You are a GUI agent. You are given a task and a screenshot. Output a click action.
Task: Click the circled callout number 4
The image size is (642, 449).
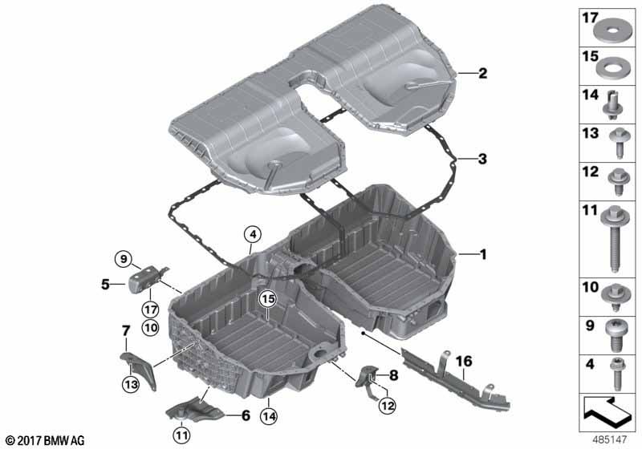tap(253, 235)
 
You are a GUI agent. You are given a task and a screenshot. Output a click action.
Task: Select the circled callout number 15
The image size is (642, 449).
tap(268, 299)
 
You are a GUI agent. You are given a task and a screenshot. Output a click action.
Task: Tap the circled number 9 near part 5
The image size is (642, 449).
tap(124, 258)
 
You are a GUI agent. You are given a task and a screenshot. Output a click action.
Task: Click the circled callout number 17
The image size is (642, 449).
tap(150, 309)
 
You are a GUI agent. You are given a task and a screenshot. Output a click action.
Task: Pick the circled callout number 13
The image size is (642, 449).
tap(131, 384)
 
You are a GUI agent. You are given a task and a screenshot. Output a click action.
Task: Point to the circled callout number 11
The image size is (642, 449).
tap(182, 435)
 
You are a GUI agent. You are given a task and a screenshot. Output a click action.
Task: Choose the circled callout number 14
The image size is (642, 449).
tap(268, 416)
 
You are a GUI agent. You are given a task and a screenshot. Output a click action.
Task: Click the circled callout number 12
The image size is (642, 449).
tap(388, 405)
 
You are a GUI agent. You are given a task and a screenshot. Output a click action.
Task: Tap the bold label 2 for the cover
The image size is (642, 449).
tap(483, 73)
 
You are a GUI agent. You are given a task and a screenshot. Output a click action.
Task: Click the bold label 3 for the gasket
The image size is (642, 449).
tap(482, 159)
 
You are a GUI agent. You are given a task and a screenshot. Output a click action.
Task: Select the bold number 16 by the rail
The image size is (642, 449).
tap(464, 361)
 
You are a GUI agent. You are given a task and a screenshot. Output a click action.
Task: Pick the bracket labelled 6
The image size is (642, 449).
tap(195, 410)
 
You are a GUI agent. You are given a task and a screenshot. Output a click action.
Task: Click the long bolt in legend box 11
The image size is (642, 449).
tap(614, 238)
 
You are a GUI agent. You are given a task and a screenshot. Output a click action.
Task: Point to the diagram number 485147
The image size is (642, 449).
tap(610, 439)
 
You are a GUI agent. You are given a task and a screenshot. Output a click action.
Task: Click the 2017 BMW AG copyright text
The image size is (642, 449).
tap(46, 440)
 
